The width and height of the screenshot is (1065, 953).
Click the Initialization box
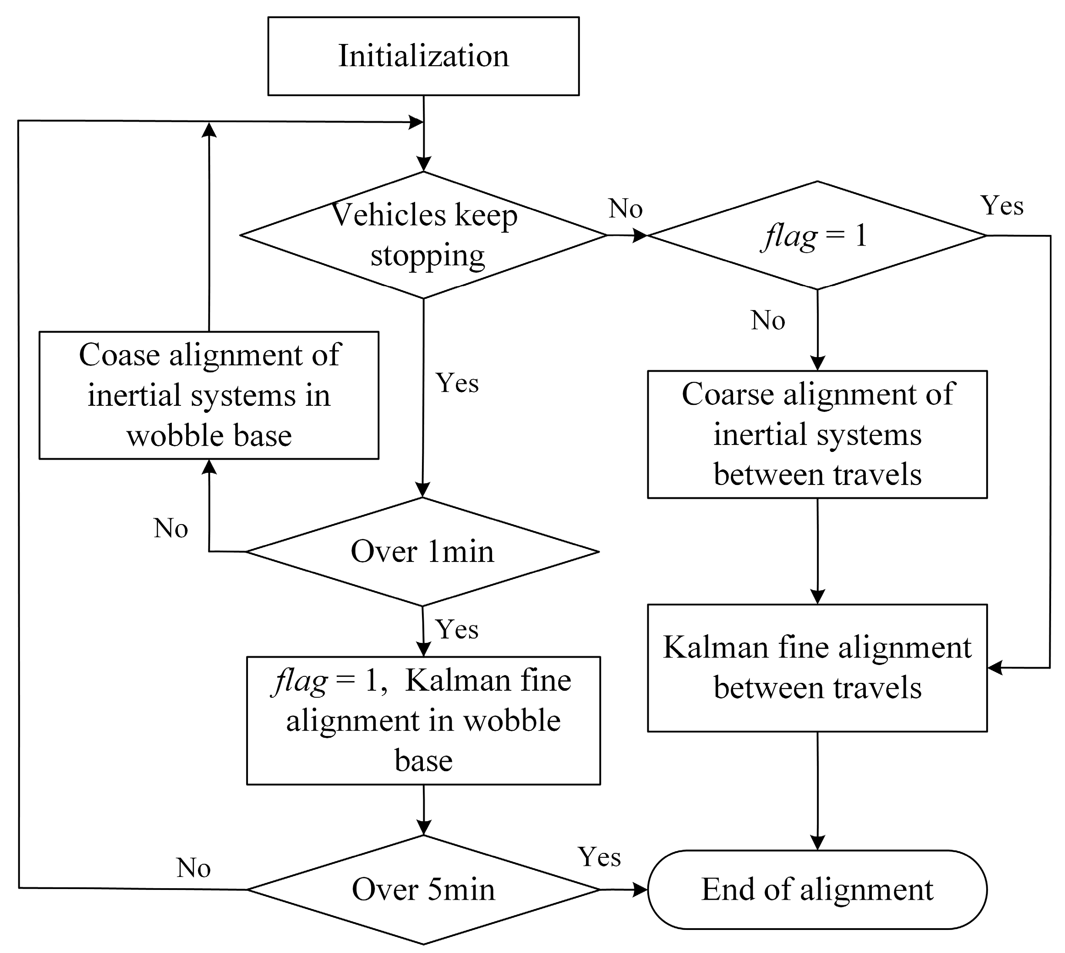tap(423, 56)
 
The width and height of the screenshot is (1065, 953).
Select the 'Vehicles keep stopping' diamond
tap(423, 235)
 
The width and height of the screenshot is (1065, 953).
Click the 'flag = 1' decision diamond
tap(817, 236)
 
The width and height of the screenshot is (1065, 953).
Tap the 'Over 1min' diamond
tap(422, 552)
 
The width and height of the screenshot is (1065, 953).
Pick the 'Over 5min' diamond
tap(423, 889)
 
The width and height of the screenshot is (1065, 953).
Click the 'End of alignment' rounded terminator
tap(817, 889)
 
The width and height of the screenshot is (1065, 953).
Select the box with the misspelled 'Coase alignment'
tap(209, 395)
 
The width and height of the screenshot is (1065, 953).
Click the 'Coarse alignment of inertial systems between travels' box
tap(817, 435)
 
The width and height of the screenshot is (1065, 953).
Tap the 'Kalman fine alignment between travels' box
tap(817, 668)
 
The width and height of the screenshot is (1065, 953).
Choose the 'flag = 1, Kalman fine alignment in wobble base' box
tap(423, 720)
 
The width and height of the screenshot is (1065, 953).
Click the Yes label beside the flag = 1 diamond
tap(1001, 206)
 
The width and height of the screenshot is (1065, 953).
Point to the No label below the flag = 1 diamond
tap(767, 321)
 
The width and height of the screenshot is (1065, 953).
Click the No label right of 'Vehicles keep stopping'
tap(625, 209)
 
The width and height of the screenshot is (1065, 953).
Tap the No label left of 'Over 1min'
tap(171, 528)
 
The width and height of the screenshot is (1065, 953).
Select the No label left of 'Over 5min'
tap(193, 868)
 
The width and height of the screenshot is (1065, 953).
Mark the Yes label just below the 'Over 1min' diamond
tap(457, 629)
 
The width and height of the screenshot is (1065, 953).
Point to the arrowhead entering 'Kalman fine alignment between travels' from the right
tap(995, 668)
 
